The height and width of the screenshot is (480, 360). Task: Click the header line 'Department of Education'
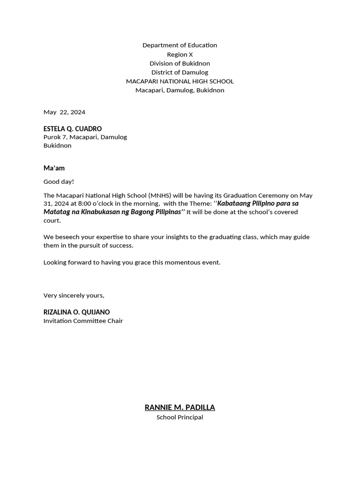[x=180, y=45]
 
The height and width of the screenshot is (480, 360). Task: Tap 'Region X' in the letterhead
[x=180, y=54]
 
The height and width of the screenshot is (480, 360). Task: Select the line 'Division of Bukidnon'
[x=180, y=63]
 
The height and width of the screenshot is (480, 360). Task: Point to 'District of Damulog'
[x=180, y=72]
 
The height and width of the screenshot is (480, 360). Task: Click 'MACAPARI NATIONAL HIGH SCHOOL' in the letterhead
[x=180, y=81]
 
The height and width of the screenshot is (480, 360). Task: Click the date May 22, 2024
[x=64, y=112]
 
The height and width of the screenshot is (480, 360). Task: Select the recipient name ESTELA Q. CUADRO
[x=73, y=128]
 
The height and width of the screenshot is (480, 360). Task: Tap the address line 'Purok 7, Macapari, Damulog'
[x=85, y=137]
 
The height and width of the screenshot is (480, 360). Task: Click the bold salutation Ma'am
[x=54, y=168]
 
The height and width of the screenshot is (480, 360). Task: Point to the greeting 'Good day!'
[x=59, y=181]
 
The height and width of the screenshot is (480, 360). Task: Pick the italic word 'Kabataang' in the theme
[x=234, y=203]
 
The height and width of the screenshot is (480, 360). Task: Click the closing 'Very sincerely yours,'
[x=74, y=295]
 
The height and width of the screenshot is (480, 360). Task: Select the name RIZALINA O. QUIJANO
[x=76, y=312]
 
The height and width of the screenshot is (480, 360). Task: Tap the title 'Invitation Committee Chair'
[x=83, y=321]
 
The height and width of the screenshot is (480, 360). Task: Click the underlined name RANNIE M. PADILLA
[x=180, y=407]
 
